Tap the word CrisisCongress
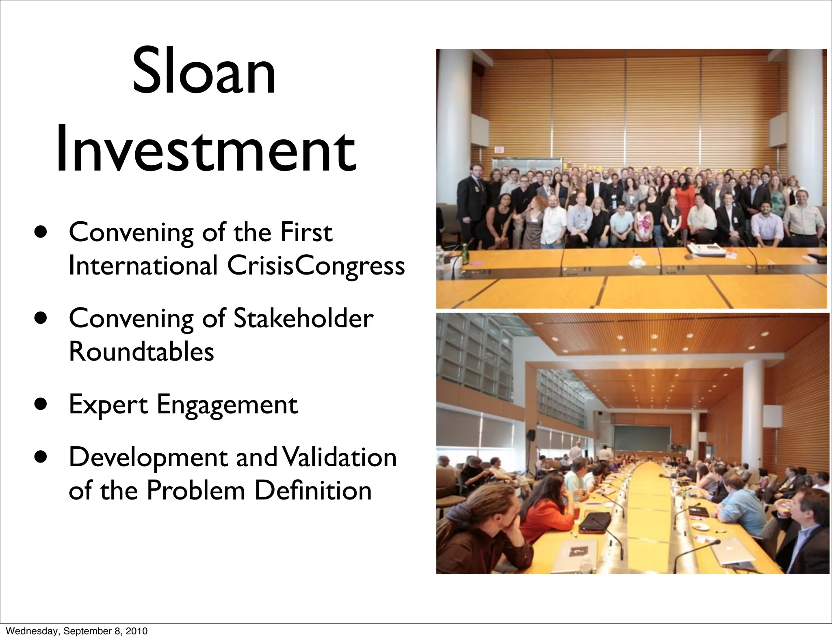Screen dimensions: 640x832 (x=316, y=266)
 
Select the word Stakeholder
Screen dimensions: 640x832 (x=302, y=318)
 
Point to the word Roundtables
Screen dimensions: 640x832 (x=141, y=352)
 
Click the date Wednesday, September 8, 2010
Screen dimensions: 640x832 (x=77, y=631)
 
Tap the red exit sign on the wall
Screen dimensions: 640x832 (x=499, y=150)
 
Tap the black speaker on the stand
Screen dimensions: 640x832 (x=531, y=435)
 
